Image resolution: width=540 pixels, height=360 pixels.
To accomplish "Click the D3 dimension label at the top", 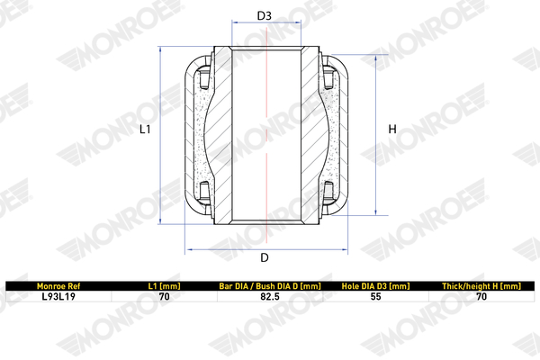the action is pos(264,15).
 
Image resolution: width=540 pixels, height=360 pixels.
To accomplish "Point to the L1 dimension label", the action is pos(145,130).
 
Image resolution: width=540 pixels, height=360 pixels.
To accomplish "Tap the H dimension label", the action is pos(392,130).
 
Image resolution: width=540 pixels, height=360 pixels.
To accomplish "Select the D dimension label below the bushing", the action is pos(264,257).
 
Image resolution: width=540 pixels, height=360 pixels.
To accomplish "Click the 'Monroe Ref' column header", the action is pos(58,286).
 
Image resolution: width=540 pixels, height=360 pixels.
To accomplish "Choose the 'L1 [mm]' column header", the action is pos(165,286).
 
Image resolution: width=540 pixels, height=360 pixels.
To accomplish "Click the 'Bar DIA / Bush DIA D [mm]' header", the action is pos(270,286).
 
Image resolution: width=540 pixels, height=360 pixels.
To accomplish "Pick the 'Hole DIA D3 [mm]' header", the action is pos(375,286).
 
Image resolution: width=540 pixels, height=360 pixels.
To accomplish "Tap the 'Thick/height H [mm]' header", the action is pos(481,286).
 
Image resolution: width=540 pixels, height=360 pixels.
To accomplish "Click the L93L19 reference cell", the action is pos(58,297).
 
